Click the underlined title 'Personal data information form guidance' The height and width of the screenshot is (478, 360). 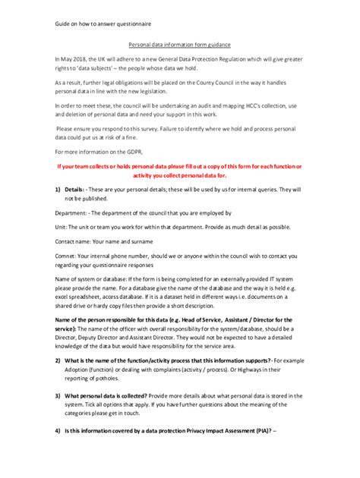[180, 45]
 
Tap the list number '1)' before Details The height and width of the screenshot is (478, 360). [58, 187]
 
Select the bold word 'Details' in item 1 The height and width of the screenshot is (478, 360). [74, 187]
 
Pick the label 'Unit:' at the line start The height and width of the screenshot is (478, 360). [63, 227]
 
